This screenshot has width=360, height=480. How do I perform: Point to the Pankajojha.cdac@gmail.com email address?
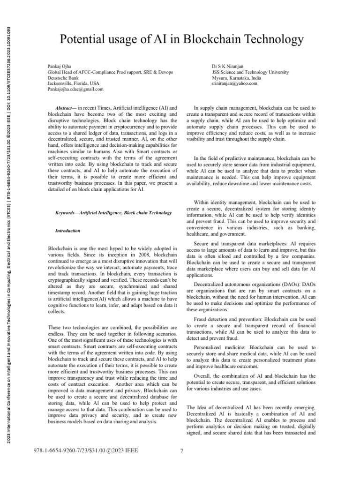[75, 89]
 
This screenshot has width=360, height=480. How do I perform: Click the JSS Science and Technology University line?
[250, 72]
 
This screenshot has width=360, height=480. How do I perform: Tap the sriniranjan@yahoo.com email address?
[234, 83]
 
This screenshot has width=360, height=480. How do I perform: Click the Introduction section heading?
[68, 231]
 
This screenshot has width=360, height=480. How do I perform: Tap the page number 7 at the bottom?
[181, 451]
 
